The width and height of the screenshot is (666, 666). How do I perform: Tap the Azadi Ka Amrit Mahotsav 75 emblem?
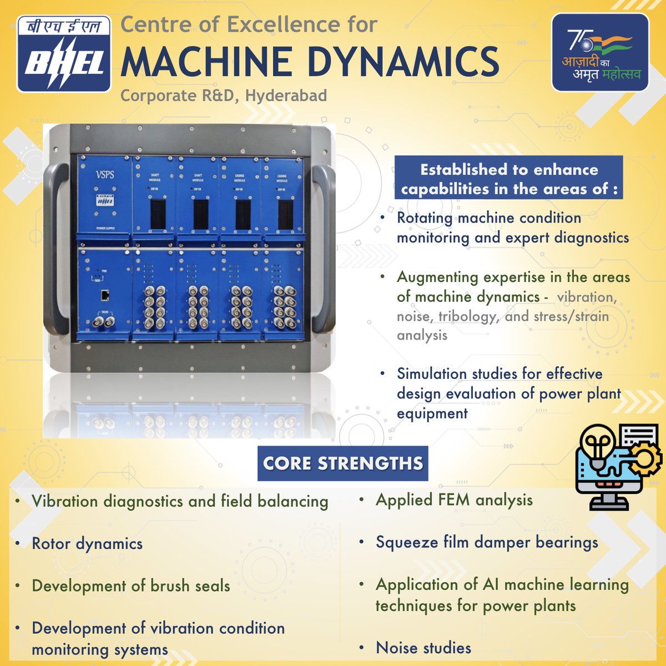pyautogui.click(x=600, y=53)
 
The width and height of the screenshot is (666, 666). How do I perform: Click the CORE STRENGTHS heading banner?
pyautogui.click(x=342, y=463)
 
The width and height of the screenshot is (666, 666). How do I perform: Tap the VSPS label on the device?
pyautogui.click(x=104, y=174)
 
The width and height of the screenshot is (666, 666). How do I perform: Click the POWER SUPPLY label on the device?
pyautogui.click(x=104, y=228)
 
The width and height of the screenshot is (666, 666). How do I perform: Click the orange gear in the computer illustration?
pyautogui.click(x=644, y=459)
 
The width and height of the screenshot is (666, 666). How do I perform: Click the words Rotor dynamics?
pyautogui.click(x=87, y=544)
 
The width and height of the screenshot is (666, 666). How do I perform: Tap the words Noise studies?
pyautogui.click(x=423, y=648)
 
